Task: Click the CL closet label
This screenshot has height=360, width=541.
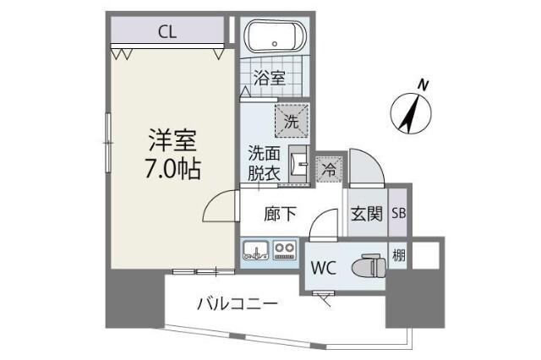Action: (x=167, y=32)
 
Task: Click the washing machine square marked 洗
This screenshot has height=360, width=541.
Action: (x=291, y=121)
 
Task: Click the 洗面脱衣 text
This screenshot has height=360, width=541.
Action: (x=263, y=162)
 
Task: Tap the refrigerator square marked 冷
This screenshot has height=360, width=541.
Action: (x=330, y=169)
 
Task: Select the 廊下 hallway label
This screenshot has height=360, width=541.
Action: (x=280, y=214)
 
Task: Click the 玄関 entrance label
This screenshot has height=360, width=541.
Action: (x=367, y=214)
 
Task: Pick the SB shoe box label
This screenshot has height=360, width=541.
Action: (x=399, y=214)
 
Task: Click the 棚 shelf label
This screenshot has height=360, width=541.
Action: (x=398, y=253)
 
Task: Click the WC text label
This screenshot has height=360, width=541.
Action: (x=325, y=269)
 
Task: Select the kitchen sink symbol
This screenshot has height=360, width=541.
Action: (x=255, y=250)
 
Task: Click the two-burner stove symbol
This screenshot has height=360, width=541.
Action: (x=283, y=250)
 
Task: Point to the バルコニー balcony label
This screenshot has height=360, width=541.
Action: (x=238, y=303)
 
